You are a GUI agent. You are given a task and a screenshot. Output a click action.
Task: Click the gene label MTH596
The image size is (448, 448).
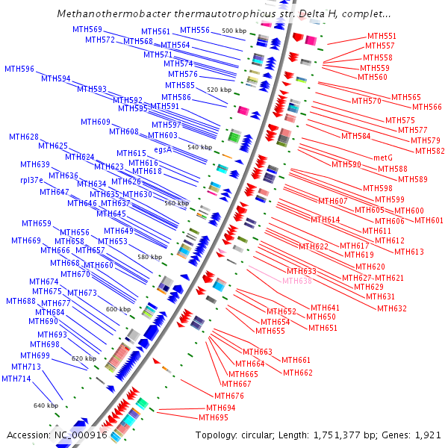(19, 69)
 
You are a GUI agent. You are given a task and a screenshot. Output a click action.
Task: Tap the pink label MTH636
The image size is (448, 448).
(298, 281)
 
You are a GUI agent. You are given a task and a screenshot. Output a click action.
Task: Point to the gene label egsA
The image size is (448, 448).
(163, 149)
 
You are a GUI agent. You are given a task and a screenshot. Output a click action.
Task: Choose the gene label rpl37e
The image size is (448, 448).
(34, 180)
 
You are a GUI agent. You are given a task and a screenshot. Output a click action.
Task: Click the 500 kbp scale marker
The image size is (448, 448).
(234, 31)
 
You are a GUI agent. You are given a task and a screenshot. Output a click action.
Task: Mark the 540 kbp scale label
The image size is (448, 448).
(200, 147)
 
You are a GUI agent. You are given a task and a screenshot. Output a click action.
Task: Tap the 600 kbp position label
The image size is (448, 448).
(118, 309)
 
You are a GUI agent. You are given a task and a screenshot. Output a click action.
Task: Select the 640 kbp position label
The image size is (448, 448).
(46, 405)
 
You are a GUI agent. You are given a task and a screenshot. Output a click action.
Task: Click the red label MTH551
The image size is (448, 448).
(382, 36)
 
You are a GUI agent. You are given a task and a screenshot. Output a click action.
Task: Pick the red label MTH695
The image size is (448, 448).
(214, 417)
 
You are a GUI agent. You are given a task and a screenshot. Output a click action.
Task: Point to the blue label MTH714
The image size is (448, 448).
(16, 379)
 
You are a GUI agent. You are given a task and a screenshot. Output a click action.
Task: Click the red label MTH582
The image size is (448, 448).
(429, 151)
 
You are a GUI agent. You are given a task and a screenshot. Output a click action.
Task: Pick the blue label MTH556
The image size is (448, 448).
(195, 30)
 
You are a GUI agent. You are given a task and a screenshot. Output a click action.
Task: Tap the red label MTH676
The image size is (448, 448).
(229, 395)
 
